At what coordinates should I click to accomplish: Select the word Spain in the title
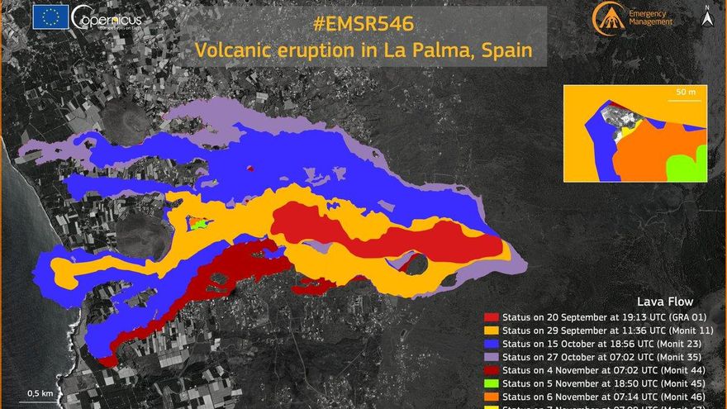pyautogui.click(x=519, y=51)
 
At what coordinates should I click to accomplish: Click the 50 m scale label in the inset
pyautogui.click(x=685, y=92)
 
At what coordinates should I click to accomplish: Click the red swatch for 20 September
pyautogui.click(x=492, y=316)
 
